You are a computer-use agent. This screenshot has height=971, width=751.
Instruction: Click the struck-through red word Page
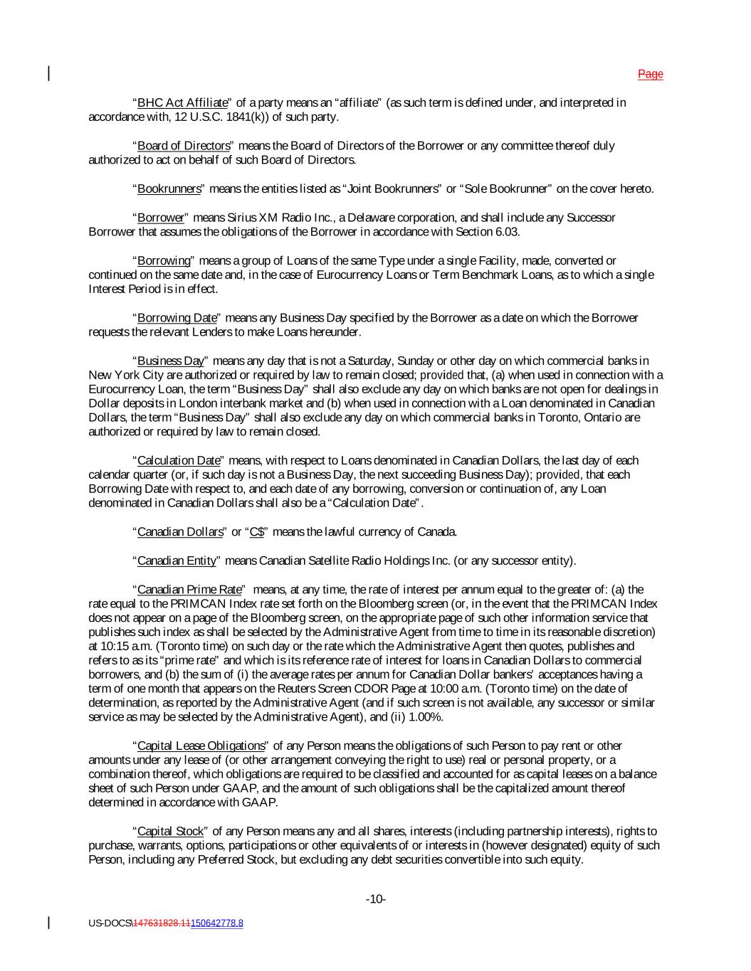click(x=650, y=74)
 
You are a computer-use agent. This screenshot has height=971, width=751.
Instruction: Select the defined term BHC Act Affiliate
click(x=182, y=103)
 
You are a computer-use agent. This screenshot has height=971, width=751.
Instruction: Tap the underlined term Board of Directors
click(x=184, y=146)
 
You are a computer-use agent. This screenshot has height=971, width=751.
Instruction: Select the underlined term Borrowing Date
click(x=177, y=318)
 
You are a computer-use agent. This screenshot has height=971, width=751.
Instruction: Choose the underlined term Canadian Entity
click(x=177, y=561)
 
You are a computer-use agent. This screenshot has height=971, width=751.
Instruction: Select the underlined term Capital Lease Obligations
click(x=200, y=746)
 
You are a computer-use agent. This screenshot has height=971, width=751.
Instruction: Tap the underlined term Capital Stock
click(x=170, y=832)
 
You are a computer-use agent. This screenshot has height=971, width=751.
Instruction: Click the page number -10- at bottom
click(x=376, y=900)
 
